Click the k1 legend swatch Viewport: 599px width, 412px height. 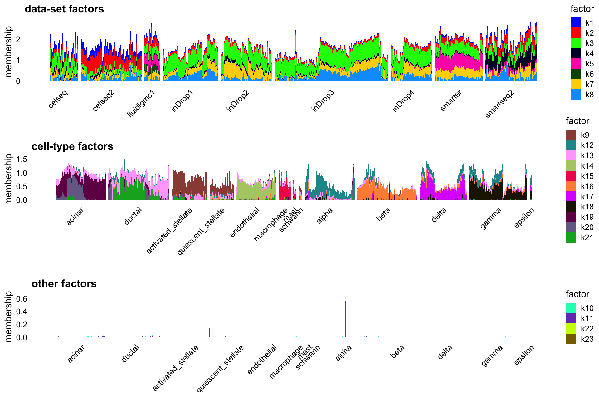(x=576, y=22)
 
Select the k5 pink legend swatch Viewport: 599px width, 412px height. (x=576, y=64)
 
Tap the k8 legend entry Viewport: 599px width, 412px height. (x=576, y=95)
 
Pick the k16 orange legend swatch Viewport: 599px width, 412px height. (x=571, y=186)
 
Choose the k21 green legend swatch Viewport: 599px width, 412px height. (x=571, y=238)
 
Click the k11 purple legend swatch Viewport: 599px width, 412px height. (x=571, y=318)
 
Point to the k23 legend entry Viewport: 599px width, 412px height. (x=571, y=339)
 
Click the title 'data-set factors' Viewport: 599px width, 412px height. (x=64, y=9)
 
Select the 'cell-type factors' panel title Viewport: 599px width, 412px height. (x=72, y=146)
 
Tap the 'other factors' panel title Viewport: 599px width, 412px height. (x=64, y=284)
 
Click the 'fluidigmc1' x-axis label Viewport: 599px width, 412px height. (x=141, y=103)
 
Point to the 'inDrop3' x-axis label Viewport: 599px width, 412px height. (x=323, y=101)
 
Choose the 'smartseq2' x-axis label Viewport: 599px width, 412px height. (x=499, y=104)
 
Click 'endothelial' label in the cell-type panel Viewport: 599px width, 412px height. (x=245, y=222)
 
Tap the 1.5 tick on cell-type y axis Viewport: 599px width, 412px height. (x=22, y=159)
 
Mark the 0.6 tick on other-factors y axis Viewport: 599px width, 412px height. (x=22, y=299)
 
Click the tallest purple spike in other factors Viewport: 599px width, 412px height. (x=373, y=315)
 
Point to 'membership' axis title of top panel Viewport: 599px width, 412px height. (x=8, y=51)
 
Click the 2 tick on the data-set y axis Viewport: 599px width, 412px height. (x=18, y=40)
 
